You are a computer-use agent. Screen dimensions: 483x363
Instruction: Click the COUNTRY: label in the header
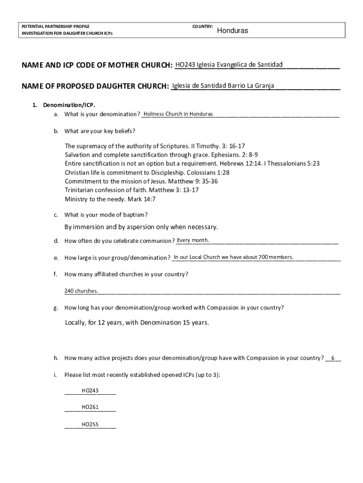(203, 26)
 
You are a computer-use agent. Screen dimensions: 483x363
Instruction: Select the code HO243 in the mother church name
(185, 64)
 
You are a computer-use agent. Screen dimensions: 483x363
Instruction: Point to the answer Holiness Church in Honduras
(178, 114)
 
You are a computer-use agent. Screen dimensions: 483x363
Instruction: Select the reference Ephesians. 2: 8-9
(234, 155)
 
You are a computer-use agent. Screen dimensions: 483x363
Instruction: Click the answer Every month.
(193, 241)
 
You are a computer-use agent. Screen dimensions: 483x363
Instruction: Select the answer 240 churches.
(81, 291)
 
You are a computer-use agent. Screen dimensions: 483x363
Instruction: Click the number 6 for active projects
(333, 358)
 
